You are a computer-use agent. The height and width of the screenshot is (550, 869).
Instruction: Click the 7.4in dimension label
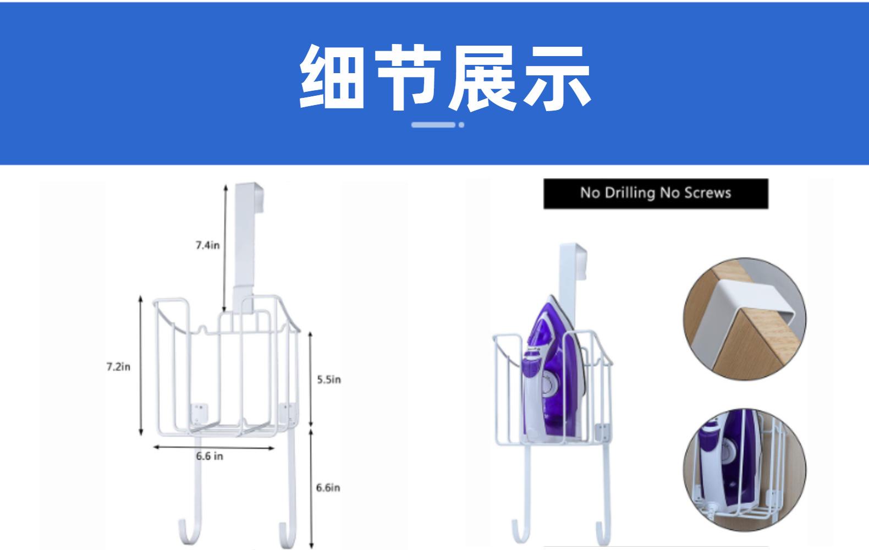click(207, 245)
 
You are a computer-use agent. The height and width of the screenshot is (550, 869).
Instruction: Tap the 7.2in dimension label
click(118, 366)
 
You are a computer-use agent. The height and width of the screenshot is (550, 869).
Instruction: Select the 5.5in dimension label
click(328, 380)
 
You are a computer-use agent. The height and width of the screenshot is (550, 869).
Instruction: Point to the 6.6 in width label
click(210, 456)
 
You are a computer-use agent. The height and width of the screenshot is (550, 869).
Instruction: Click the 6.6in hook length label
click(328, 487)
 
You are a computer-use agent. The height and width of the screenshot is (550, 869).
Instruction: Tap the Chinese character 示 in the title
click(557, 77)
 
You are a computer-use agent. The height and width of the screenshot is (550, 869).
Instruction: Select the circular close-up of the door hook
click(744, 319)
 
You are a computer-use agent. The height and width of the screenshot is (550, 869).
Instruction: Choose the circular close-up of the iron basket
click(744, 470)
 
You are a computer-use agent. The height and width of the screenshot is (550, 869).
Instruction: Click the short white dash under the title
click(433, 125)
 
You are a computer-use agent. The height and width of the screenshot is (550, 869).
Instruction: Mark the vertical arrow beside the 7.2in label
click(141, 366)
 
